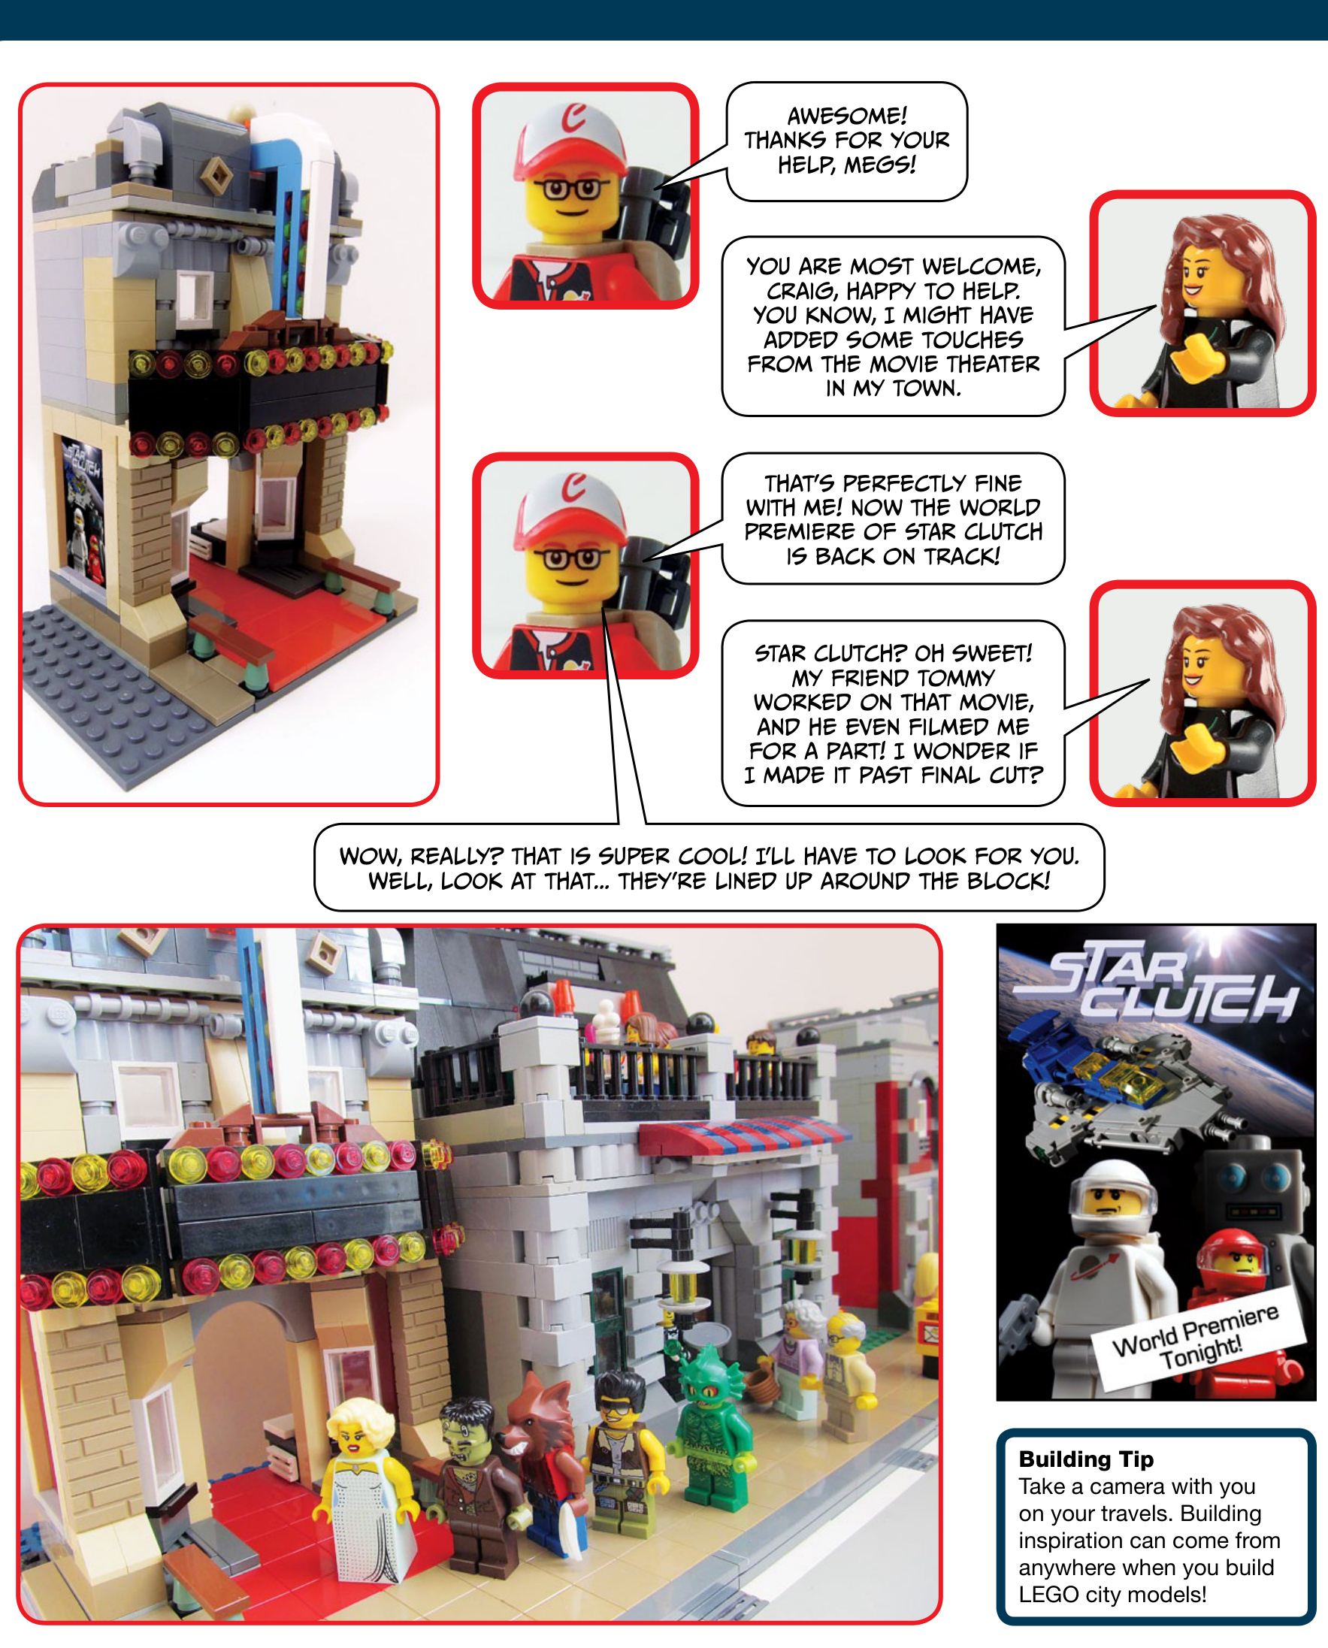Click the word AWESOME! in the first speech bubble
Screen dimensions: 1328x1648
[x=847, y=116]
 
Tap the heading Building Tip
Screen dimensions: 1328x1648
[x=1085, y=1459]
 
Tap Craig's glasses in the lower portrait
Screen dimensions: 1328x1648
[x=571, y=558]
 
